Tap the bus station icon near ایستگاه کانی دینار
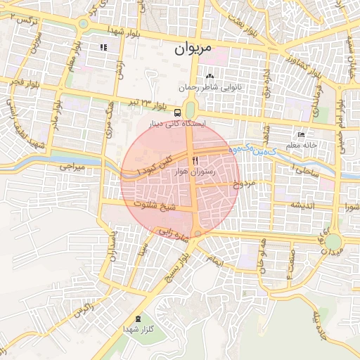tap(177, 112)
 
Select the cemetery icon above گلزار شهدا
tap(136, 319)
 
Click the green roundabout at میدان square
tap(333, 242)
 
